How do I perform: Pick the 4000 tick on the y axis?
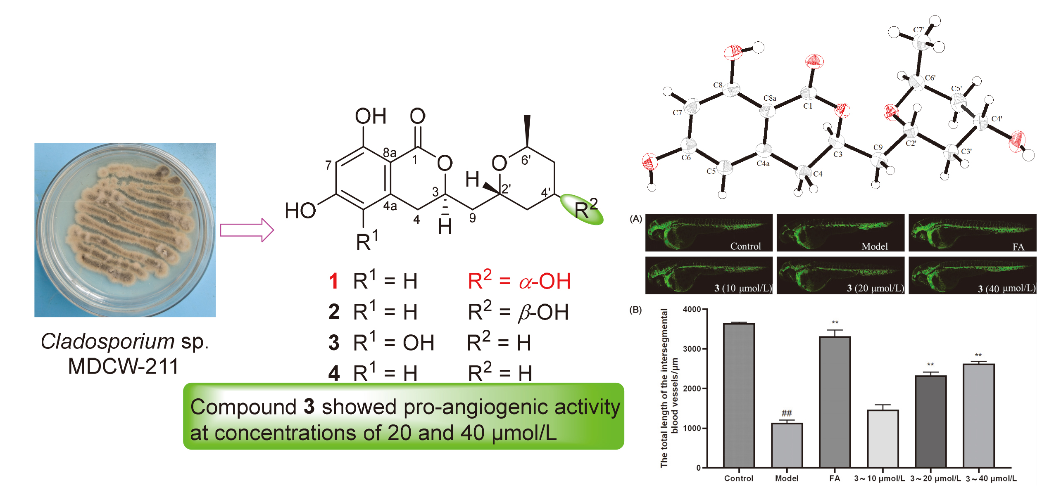(692, 309)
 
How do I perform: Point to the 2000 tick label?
(692, 388)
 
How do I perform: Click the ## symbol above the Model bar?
(787, 413)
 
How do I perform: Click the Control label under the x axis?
(738, 478)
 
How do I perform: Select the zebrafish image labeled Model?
(840, 233)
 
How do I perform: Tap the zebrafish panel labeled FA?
(972, 233)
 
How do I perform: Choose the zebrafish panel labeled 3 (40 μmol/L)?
(972, 275)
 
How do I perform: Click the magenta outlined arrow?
(247, 230)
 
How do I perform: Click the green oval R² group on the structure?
(582, 210)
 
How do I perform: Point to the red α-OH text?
(545, 282)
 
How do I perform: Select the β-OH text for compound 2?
(543, 313)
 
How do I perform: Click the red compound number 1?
(333, 282)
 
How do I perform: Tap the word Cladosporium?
(107, 341)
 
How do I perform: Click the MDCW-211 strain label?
(123, 366)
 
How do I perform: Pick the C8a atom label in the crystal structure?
(770, 98)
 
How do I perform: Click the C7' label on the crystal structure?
(918, 30)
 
